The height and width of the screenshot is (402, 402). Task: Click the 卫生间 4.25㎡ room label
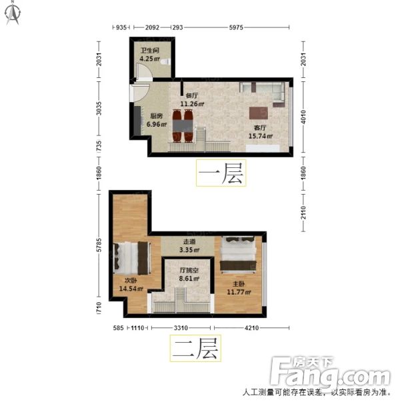149,54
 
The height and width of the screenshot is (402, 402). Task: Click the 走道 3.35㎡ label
190,246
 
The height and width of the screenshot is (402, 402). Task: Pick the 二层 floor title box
195,349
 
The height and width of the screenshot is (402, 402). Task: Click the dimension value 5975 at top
237,28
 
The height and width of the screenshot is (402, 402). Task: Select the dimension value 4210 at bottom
251,327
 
